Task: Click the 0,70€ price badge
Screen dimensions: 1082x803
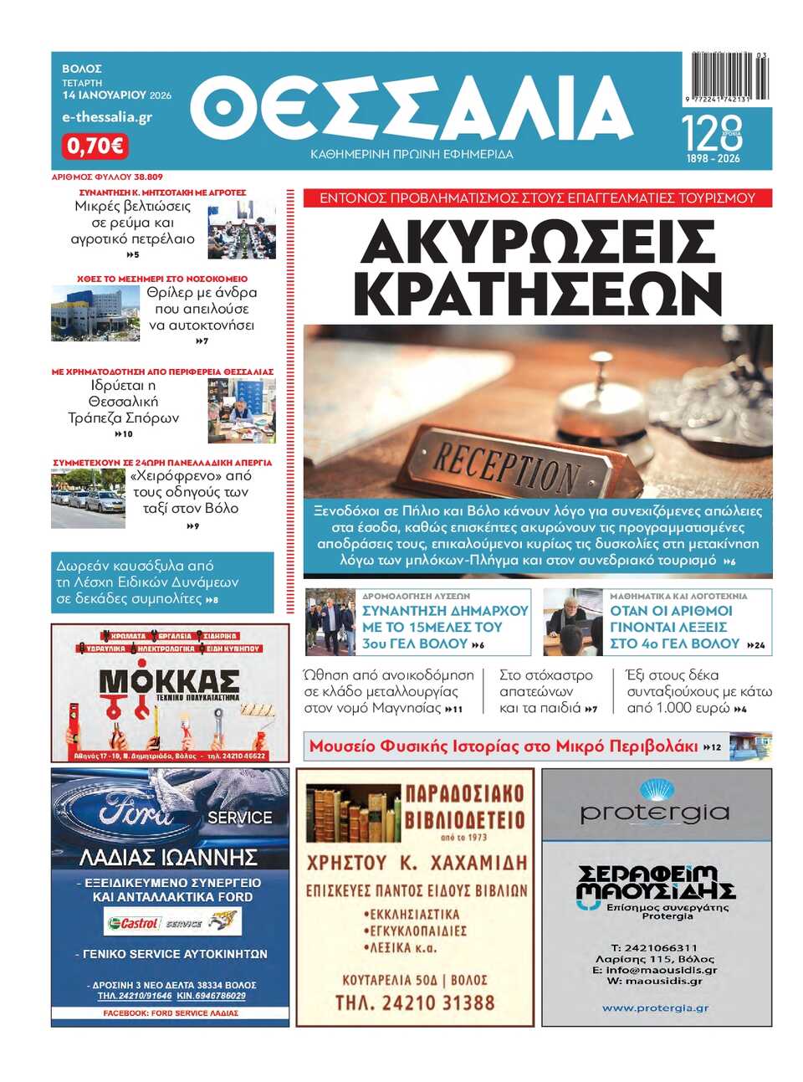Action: coord(95,146)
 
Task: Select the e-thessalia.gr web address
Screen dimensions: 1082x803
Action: coord(106,117)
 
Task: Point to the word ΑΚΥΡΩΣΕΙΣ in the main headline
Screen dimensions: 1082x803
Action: coord(537,243)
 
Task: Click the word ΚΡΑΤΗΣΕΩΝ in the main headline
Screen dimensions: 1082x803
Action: coord(537,294)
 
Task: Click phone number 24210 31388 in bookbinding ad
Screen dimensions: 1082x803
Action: coord(415,1003)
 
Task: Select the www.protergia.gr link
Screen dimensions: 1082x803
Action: coord(656,1008)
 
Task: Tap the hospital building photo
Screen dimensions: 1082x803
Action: coord(95,313)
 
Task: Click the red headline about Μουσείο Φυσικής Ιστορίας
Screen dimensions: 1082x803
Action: coord(504,746)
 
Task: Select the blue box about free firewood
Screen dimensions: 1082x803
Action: coord(162,582)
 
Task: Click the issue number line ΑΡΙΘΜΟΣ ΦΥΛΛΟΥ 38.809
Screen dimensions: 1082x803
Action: coord(107,177)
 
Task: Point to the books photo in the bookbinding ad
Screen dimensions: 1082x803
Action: coord(351,813)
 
